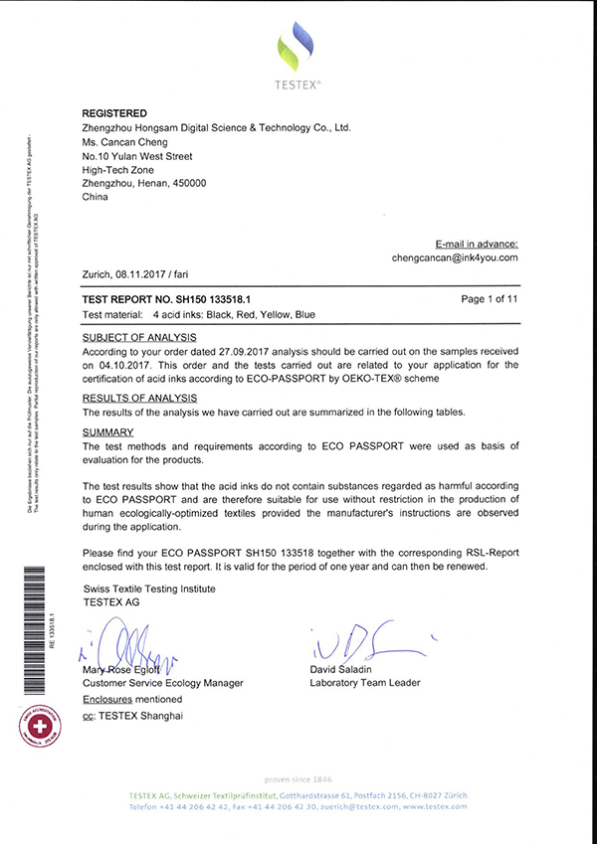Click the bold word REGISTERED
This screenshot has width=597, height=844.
114,113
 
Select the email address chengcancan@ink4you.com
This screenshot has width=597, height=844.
456,257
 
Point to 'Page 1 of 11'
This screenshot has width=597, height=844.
491,298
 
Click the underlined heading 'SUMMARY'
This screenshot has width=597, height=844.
107,433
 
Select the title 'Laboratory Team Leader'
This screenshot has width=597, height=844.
364,683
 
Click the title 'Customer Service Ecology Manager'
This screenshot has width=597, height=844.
162,683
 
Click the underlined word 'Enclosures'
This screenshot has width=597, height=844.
109,699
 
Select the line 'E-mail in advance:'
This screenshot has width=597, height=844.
477,243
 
